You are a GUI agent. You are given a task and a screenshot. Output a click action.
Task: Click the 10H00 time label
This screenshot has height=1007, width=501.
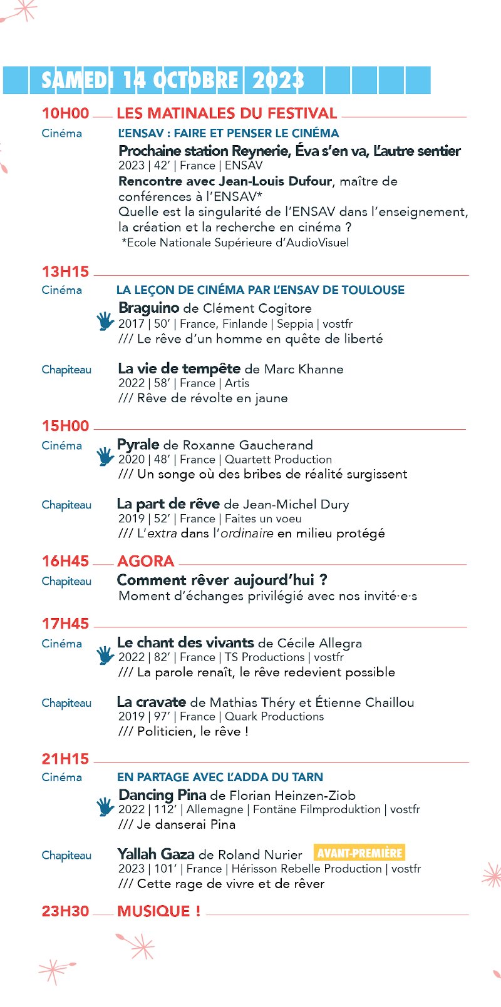pyautogui.click(x=65, y=113)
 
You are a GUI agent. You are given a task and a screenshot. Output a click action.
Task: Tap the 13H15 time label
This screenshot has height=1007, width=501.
pyautogui.click(x=65, y=271)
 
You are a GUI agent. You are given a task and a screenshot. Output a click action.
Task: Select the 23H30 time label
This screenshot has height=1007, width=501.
pyautogui.click(x=65, y=911)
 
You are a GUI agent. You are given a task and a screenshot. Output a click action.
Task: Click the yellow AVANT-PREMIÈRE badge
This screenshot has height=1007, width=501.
pyautogui.click(x=359, y=853)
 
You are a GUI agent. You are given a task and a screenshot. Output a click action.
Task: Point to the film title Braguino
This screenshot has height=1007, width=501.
pyautogui.click(x=148, y=308)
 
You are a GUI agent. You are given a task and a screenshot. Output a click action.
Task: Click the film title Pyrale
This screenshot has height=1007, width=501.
pyautogui.click(x=138, y=445)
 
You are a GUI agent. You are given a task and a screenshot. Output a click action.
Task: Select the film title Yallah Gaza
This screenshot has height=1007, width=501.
pyautogui.click(x=155, y=854)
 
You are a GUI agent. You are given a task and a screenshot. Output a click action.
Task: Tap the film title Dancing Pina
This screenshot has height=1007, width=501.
pyautogui.click(x=162, y=795)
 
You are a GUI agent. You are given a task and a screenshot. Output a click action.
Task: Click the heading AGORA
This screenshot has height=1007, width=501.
pyautogui.click(x=145, y=561)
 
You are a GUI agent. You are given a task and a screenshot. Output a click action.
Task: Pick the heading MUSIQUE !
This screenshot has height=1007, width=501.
pyautogui.click(x=159, y=911)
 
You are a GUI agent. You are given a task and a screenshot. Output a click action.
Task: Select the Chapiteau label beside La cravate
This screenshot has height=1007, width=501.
pyautogui.click(x=66, y=703)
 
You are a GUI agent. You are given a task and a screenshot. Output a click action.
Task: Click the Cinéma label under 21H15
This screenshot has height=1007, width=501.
pyautogui.click(x=61, y=777)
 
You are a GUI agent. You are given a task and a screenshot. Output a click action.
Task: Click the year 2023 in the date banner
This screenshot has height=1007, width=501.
pyautogui.click(x=278, y=81)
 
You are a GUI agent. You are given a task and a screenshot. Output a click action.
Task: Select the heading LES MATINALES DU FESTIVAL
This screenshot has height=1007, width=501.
pyautogui.click(x=227, y=113)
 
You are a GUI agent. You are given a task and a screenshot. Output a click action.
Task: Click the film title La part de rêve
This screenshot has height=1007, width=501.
pyautogui.click(x=168, y=504)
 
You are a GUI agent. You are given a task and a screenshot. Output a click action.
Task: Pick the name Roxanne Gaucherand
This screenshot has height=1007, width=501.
pyautogui.click(x=247, y=445)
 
